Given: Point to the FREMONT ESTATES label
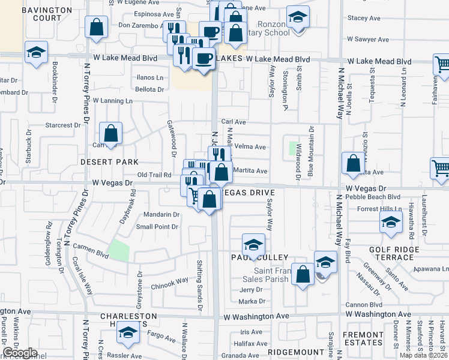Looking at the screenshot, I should [363, 338].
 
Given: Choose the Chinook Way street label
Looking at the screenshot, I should [170, 283].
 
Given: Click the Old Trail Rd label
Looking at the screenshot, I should [155, 175].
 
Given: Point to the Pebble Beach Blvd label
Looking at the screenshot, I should [378, 196].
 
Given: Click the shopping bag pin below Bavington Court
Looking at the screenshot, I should [96, 27].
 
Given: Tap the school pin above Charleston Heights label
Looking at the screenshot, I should [128, 332].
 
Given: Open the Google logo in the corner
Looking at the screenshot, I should [20, 352].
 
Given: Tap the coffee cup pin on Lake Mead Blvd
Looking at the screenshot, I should [204, 59].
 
